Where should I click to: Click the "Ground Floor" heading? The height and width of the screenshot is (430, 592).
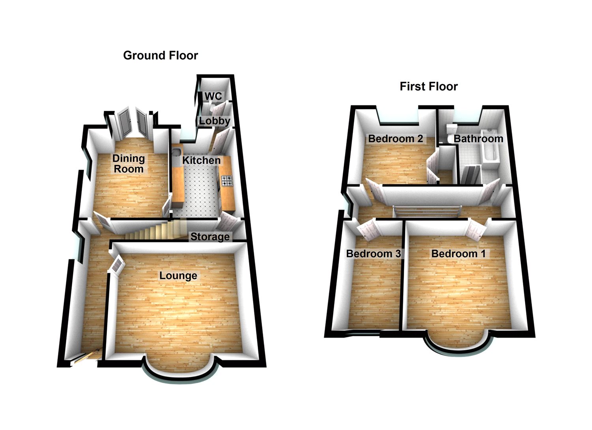160,55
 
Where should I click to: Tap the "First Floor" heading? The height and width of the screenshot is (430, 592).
429,86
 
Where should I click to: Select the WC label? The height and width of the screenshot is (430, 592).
213,96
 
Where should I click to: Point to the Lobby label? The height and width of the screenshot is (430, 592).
214,121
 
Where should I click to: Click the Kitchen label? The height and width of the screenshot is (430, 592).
201,160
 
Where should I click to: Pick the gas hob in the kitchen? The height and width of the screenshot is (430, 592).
227,181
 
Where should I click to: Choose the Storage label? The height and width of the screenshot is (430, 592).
210,237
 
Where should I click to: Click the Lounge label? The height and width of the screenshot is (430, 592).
178,275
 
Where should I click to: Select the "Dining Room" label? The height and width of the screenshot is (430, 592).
129,164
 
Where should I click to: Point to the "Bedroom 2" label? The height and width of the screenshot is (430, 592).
395,138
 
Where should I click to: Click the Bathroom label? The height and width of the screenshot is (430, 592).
478,138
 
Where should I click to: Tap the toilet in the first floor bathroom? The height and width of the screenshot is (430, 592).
451,132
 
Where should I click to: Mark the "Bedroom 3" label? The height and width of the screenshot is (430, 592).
373,254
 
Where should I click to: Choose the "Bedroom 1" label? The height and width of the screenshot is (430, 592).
458,254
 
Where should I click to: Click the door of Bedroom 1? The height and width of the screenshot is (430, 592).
475,230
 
